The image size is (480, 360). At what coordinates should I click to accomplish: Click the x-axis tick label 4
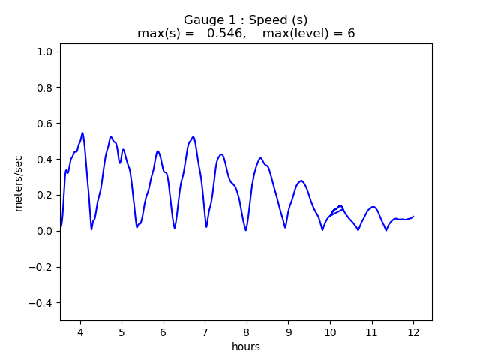(x=80, y=332)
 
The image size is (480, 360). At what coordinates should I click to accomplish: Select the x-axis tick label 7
(x=205, y=332)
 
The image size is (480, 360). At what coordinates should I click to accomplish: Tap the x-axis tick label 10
(x=329, y=332)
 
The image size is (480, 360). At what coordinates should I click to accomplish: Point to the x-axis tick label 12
(x=412, y=332)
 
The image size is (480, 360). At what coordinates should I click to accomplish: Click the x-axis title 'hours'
(x=246, y=346)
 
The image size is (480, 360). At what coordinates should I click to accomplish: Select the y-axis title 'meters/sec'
(x=19, y=184)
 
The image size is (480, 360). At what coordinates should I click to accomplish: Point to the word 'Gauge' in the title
(x=202, y=20)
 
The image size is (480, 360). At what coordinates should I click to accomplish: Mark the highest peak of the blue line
(x=82, y=133)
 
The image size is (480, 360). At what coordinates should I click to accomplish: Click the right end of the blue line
(x=413, y=216)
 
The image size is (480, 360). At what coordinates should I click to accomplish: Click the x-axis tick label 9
(x=288, y=332)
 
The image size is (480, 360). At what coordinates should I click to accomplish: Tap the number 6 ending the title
(x=350, y=34)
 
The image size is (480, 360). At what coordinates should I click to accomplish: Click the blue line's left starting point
(x=61, y=229)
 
